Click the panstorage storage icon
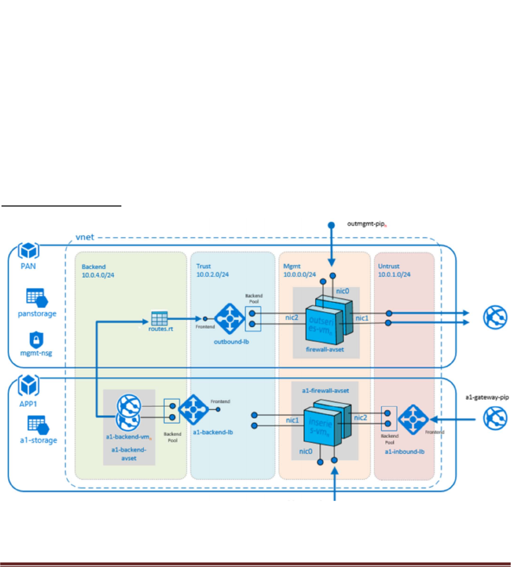tap(35, 297)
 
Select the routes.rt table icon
tap(160, 317)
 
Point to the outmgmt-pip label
tap(367, 224)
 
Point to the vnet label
tap(85, 235)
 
